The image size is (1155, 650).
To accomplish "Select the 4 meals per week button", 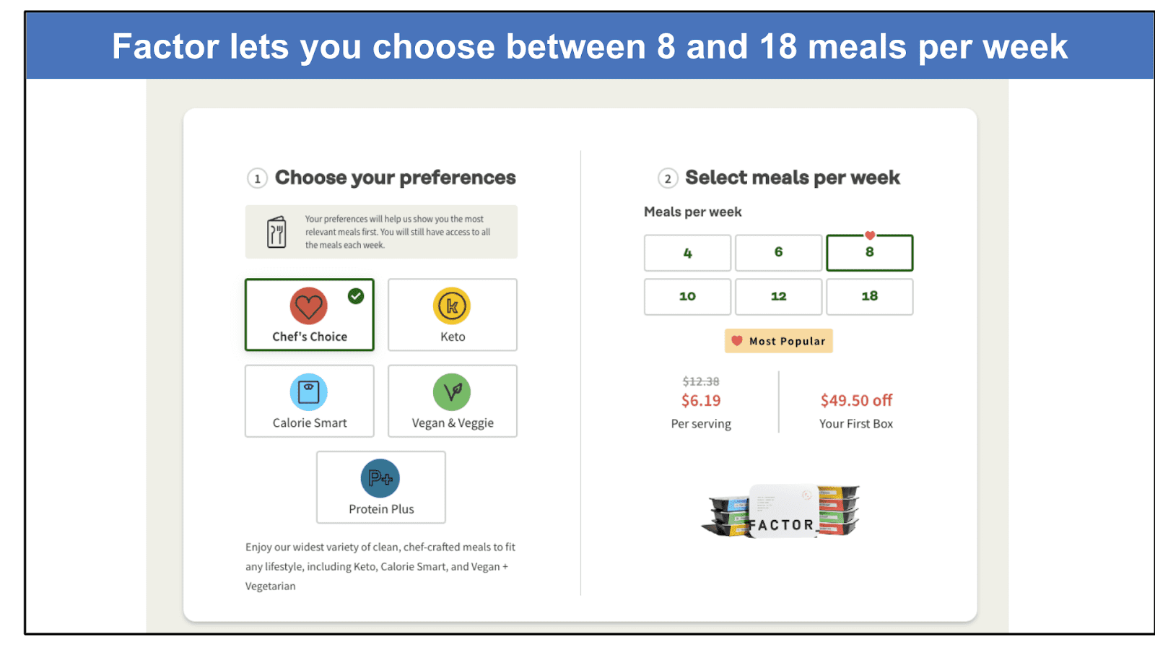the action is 687,253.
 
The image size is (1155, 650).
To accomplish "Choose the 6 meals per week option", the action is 779,253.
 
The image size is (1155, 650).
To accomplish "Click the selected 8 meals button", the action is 869,253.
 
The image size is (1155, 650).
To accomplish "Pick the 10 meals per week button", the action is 687,297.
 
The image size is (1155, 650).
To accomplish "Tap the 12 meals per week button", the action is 779,297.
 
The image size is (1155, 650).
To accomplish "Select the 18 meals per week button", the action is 869,297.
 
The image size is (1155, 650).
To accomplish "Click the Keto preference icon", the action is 452,306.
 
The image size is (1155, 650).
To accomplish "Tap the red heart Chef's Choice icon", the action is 309,306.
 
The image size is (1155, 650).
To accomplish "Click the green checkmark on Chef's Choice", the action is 356,296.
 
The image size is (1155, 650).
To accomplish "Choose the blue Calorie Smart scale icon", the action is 309,392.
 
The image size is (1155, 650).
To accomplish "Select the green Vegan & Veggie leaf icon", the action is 452,392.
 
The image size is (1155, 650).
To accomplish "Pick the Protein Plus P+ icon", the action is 380,478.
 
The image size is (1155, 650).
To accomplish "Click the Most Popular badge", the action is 779,341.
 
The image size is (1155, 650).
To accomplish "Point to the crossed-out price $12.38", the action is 701,381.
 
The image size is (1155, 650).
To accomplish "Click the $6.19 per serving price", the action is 701,400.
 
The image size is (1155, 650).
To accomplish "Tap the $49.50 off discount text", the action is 856,400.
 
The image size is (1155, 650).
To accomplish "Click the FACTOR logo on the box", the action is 783,525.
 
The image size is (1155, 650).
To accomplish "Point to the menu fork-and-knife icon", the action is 276,232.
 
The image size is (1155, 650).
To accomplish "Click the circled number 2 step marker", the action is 668,178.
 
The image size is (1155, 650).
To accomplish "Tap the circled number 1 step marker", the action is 257,178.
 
